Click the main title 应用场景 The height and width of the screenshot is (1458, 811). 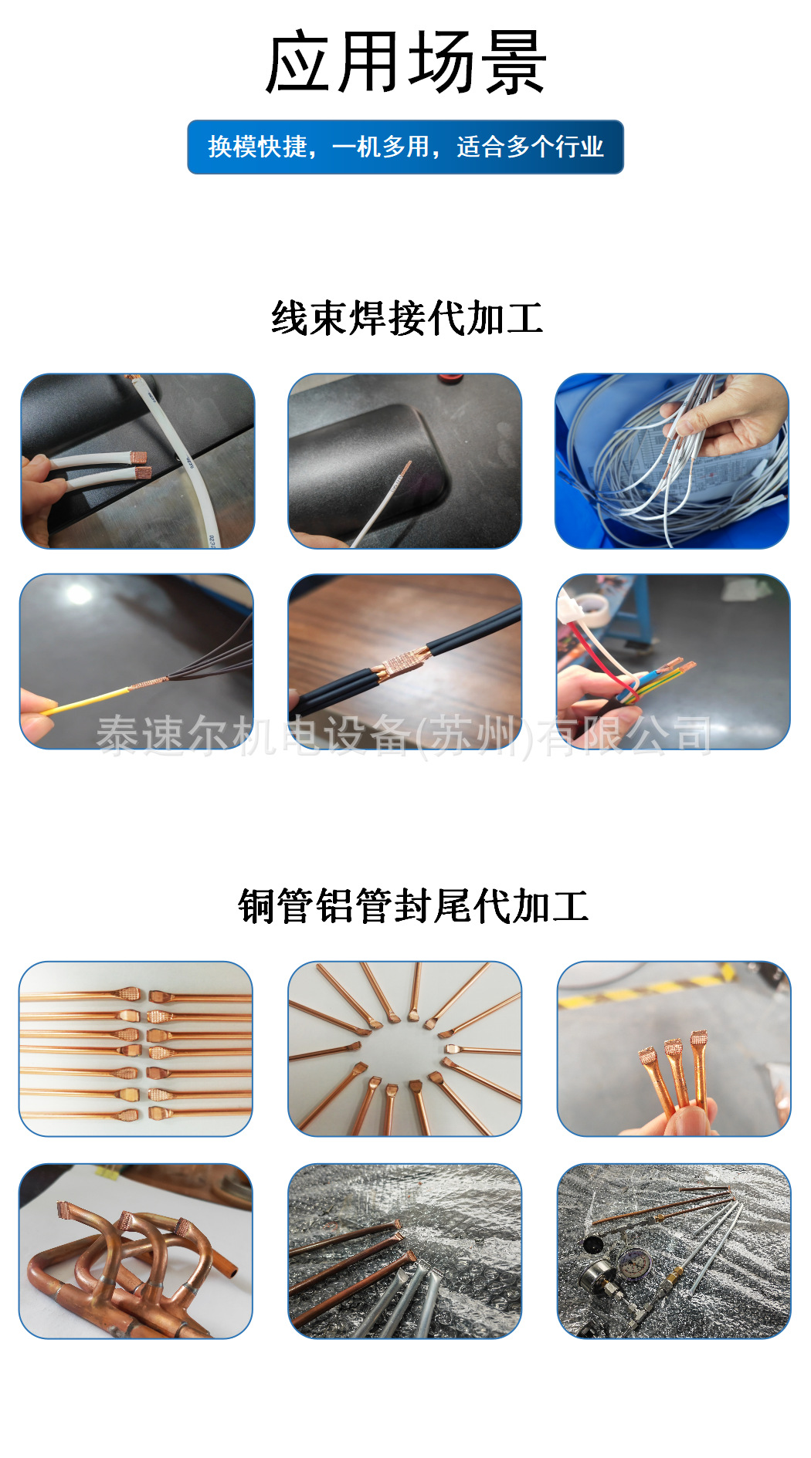pos(405,63)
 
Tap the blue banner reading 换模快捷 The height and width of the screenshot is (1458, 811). pos(405,147)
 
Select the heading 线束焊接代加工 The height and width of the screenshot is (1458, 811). pos(407,318)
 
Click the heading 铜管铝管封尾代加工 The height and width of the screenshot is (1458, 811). pos(413,905)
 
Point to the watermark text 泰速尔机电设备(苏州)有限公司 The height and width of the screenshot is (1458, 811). pos(403,735)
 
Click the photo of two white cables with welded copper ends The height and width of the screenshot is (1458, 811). pos(137,461)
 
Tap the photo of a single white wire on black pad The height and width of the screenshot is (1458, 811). pos(405,461)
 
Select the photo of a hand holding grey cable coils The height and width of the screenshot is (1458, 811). pos(672,461)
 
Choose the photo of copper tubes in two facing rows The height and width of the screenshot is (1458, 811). pos(136,1048)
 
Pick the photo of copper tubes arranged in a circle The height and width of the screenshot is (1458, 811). pos(405,1048)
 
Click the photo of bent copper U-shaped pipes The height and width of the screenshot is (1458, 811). pos(136,1251)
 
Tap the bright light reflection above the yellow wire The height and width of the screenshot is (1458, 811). pos(78,594)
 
